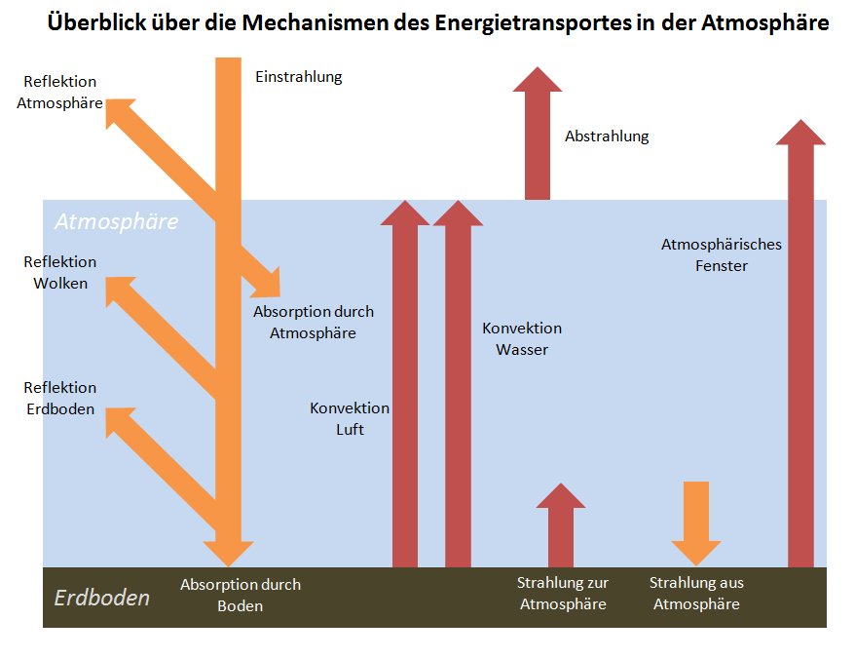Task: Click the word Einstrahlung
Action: (298, 77)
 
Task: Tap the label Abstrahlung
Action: (606, 136)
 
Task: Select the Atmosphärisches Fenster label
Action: (721, 254)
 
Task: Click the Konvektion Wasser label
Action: (522, 338)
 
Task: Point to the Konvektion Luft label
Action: (350, 418)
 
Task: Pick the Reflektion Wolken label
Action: (60, 273)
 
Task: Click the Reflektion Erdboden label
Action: (60, 399)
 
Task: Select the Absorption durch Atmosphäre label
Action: (313, 322)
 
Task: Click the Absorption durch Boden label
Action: (241, 595)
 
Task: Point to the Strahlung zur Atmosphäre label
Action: (563, 593)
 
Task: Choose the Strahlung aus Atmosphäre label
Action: (696, 593)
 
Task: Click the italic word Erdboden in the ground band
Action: (101, 598)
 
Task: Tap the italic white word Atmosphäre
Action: (116, 221)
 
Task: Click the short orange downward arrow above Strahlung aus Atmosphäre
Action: (695, 522)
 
